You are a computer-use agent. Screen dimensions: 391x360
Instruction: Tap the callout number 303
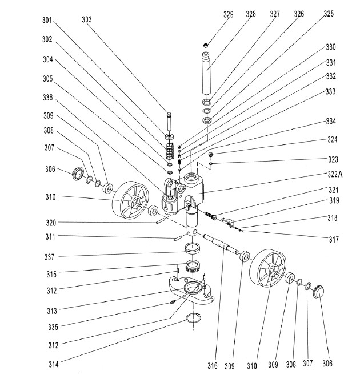click(87, 19)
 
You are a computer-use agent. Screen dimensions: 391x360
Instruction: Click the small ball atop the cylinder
click(206, 45)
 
